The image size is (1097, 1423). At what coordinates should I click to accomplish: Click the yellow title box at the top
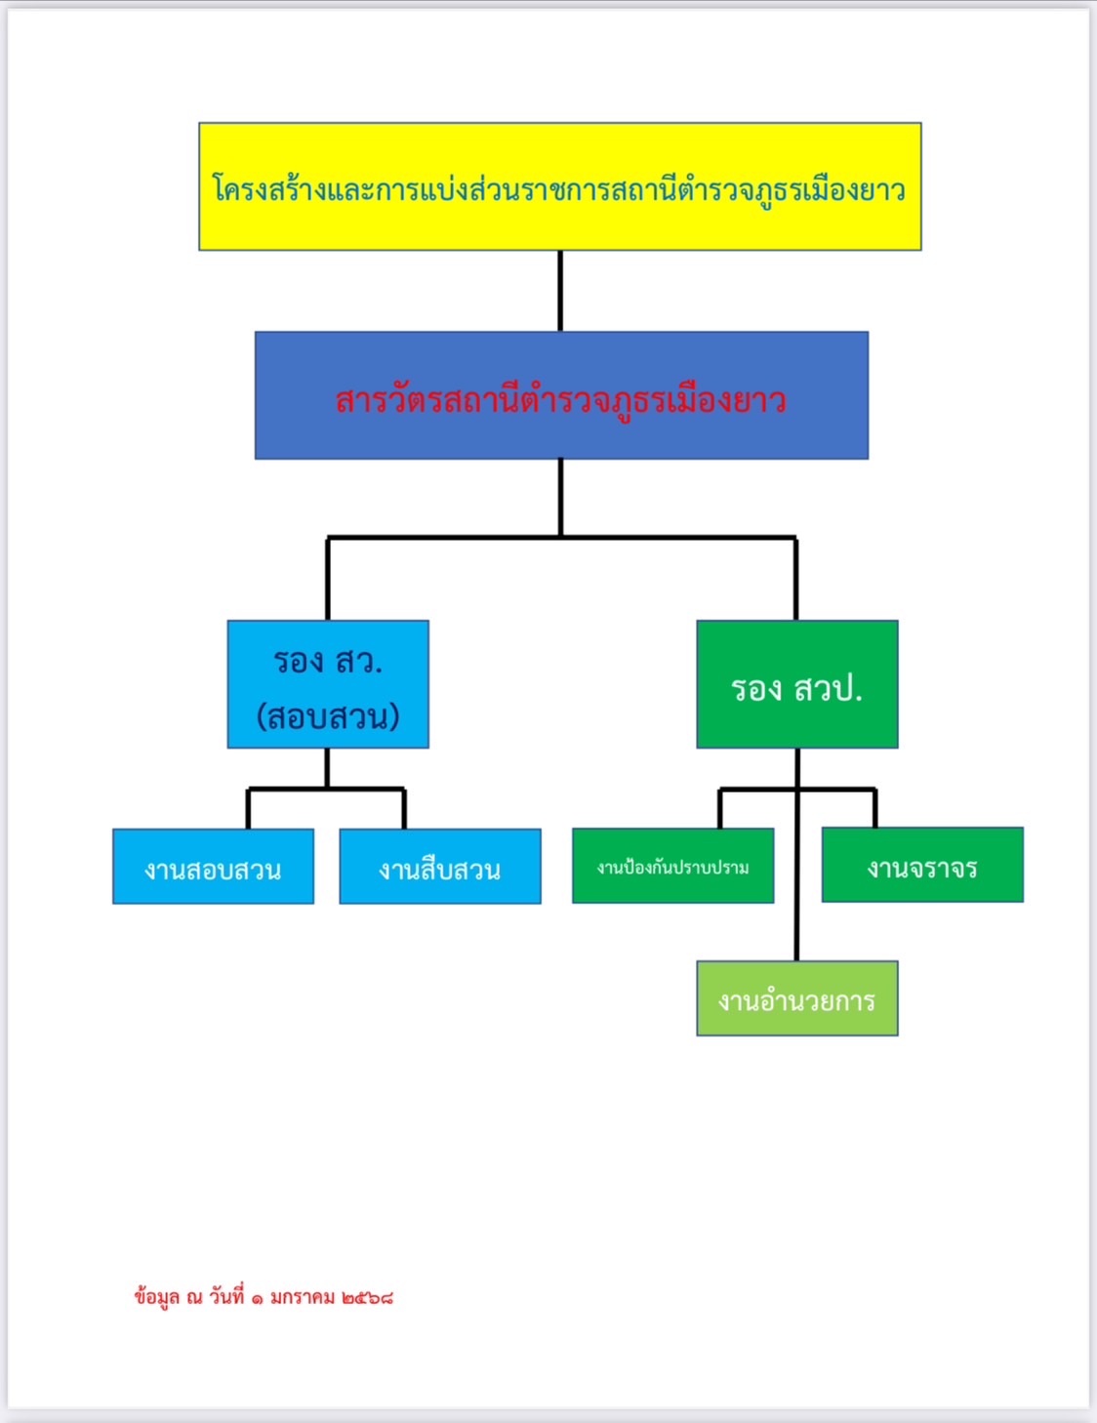coord(559,186)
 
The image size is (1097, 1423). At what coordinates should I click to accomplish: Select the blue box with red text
coord(561,395)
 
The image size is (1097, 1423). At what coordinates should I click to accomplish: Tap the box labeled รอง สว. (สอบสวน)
coord(328,683)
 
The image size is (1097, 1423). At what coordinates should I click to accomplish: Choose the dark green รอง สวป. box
coord(796,684)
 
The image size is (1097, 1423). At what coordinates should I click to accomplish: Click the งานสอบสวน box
coord(213,867)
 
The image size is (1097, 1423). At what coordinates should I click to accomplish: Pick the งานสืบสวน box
coord(439,867)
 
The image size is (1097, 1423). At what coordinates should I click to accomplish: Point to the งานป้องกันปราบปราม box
coord(672,866)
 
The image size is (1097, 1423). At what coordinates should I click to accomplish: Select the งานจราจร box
coord(922,865)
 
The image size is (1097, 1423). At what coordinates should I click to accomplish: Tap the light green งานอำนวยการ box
coord(796,998)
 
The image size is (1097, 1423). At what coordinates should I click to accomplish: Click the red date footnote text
coord(264,1297)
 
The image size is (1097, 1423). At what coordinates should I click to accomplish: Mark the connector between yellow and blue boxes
coord(560,291)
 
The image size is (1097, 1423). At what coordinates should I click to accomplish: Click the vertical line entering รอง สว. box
coord(328,579)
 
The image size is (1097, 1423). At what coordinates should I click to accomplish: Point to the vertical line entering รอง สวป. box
coord(796,579)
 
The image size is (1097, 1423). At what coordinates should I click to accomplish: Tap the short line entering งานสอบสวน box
coord(248,809)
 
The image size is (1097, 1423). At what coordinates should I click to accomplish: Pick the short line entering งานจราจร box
coord(875,808)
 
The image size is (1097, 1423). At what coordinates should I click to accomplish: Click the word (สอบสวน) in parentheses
coord(328,717)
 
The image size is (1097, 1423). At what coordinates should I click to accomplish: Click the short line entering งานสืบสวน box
coord(404,809)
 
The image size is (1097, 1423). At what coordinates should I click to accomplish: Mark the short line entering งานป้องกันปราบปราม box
coord(720,808)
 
